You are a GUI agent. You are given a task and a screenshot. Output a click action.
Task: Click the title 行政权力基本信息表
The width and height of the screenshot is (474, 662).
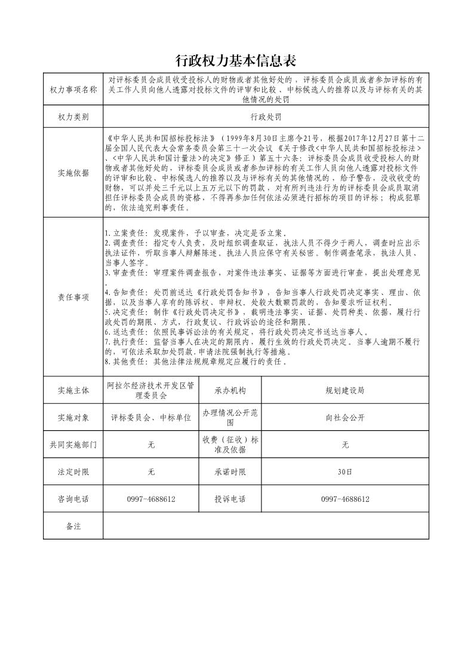tap(236, 61)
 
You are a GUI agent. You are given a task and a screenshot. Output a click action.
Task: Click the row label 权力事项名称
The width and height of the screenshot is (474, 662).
tap(73, 90)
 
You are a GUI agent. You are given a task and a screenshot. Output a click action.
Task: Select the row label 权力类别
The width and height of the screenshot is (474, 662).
tap(73, 117)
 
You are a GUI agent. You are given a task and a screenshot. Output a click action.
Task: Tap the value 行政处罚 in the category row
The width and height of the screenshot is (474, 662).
tap(266, 117)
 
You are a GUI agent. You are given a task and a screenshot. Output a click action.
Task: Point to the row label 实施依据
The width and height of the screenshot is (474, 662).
tap(73, 173)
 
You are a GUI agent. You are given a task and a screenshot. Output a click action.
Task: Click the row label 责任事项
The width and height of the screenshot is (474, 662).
tap(73, 297)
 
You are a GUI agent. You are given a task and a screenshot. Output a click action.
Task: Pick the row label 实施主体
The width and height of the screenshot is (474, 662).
tap(73, 390)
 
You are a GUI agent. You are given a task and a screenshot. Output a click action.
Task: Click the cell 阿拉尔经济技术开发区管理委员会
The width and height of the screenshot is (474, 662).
tap(151, 390)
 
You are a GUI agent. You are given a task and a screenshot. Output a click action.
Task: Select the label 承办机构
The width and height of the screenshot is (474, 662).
tap(230, 390)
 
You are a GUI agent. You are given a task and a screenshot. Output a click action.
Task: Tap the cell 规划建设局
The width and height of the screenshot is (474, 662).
tap(345, 390)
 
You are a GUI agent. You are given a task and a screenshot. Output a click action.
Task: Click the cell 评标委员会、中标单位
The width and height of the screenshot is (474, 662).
tap(151, 418)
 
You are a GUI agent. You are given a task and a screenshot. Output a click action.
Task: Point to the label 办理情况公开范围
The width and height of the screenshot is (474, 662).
tap(230, 417)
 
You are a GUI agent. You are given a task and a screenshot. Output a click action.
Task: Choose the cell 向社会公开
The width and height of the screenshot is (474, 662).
tap(345, 418)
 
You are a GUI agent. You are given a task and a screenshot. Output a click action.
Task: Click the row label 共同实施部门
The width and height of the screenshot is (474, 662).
tap(73, 445)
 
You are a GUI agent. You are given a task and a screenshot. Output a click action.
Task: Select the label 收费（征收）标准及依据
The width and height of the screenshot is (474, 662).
tap(230, 445)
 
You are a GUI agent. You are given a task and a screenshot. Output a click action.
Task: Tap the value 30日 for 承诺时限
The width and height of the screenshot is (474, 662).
tap(345, 472)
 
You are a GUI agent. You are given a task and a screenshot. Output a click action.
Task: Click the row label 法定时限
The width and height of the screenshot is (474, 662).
tap(73, 472)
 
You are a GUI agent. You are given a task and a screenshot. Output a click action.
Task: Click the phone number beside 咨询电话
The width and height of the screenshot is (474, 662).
tap(151, 499)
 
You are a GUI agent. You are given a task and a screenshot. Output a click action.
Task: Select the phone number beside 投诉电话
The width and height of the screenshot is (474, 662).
tap(345, 499)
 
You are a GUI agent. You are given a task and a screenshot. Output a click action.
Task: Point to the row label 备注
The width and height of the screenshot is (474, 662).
tap(73, 526)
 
